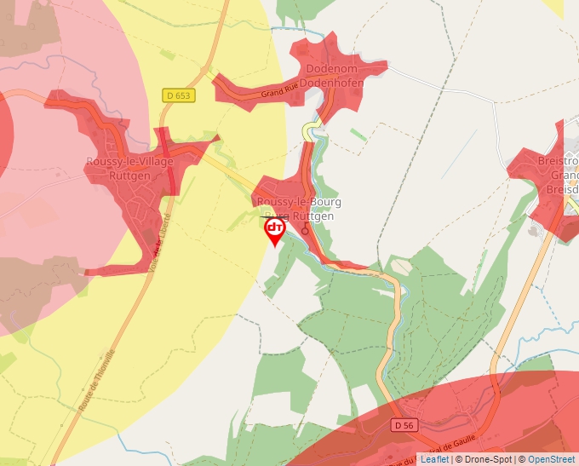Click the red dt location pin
click(274, 230)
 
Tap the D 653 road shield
click(179, 96)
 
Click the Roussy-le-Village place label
click(129, 162)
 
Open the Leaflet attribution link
click(434, 459)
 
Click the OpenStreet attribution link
click(552, 459)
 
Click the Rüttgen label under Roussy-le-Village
click(130, 175)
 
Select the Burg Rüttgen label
click(301, 216)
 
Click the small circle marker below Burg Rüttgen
click(305, 230)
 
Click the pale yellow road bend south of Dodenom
click(312, 129)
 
